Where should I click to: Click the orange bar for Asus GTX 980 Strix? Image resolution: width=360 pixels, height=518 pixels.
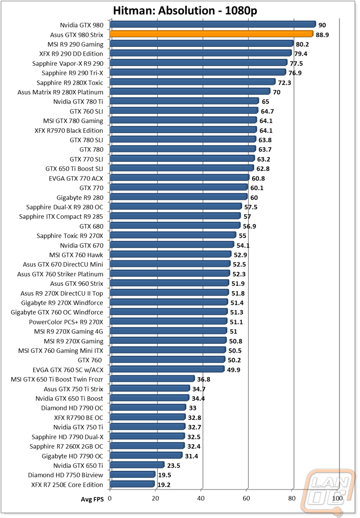(211, 34)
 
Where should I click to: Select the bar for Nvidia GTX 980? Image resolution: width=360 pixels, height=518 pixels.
(212, 25)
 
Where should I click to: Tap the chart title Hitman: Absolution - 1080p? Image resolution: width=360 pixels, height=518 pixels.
(180, 10)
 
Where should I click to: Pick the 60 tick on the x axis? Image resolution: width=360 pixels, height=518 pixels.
(247, 498)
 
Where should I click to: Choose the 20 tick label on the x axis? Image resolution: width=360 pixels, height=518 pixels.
(155, 498)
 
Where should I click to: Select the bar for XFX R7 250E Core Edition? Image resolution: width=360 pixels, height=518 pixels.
(132, 484)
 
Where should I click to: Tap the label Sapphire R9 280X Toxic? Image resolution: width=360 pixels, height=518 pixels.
(70, 82)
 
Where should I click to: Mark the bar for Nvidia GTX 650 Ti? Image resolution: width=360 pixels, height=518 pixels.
(137, 465)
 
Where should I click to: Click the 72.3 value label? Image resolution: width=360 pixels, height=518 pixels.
(285, 83)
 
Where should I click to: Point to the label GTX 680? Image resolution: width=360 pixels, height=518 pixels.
(91, 226)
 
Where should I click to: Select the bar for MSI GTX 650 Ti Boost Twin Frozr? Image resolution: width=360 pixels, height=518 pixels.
(152, 379)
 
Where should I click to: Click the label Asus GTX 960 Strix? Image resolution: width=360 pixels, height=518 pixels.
(76, 284)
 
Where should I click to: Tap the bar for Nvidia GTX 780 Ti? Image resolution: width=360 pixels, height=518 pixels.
(184, 101)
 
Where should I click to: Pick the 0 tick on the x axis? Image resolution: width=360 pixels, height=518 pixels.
(110, 498)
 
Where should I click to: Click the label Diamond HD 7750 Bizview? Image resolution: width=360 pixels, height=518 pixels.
(66, 475)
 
